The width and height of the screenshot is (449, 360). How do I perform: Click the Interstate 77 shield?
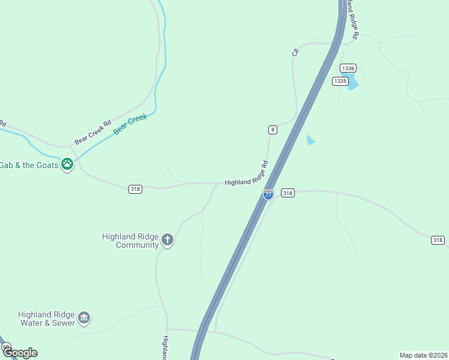point(268,194)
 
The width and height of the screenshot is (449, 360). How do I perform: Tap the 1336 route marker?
point(348,68)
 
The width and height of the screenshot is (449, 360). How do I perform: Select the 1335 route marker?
point(340,81)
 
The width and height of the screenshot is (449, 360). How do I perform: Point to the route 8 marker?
point(273,130)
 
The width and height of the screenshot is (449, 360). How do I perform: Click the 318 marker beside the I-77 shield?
point(288,193)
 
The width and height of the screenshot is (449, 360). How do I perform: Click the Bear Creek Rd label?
point(93,133)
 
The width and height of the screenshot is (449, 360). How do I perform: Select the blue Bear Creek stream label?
point(130,124)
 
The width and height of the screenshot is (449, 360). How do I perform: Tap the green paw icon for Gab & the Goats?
point(67,164)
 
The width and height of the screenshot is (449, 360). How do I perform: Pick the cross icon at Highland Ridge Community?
point(167,241)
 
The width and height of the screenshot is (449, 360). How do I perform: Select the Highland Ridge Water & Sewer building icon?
point(84,317)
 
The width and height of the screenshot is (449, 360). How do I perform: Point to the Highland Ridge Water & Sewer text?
point(47,319)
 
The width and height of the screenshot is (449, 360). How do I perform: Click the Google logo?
point(19,353)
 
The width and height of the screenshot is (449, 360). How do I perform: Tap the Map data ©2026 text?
point(423,355)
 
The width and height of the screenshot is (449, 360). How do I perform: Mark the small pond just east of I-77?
point(310,140)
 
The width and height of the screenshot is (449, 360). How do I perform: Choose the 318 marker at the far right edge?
point(438,240)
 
